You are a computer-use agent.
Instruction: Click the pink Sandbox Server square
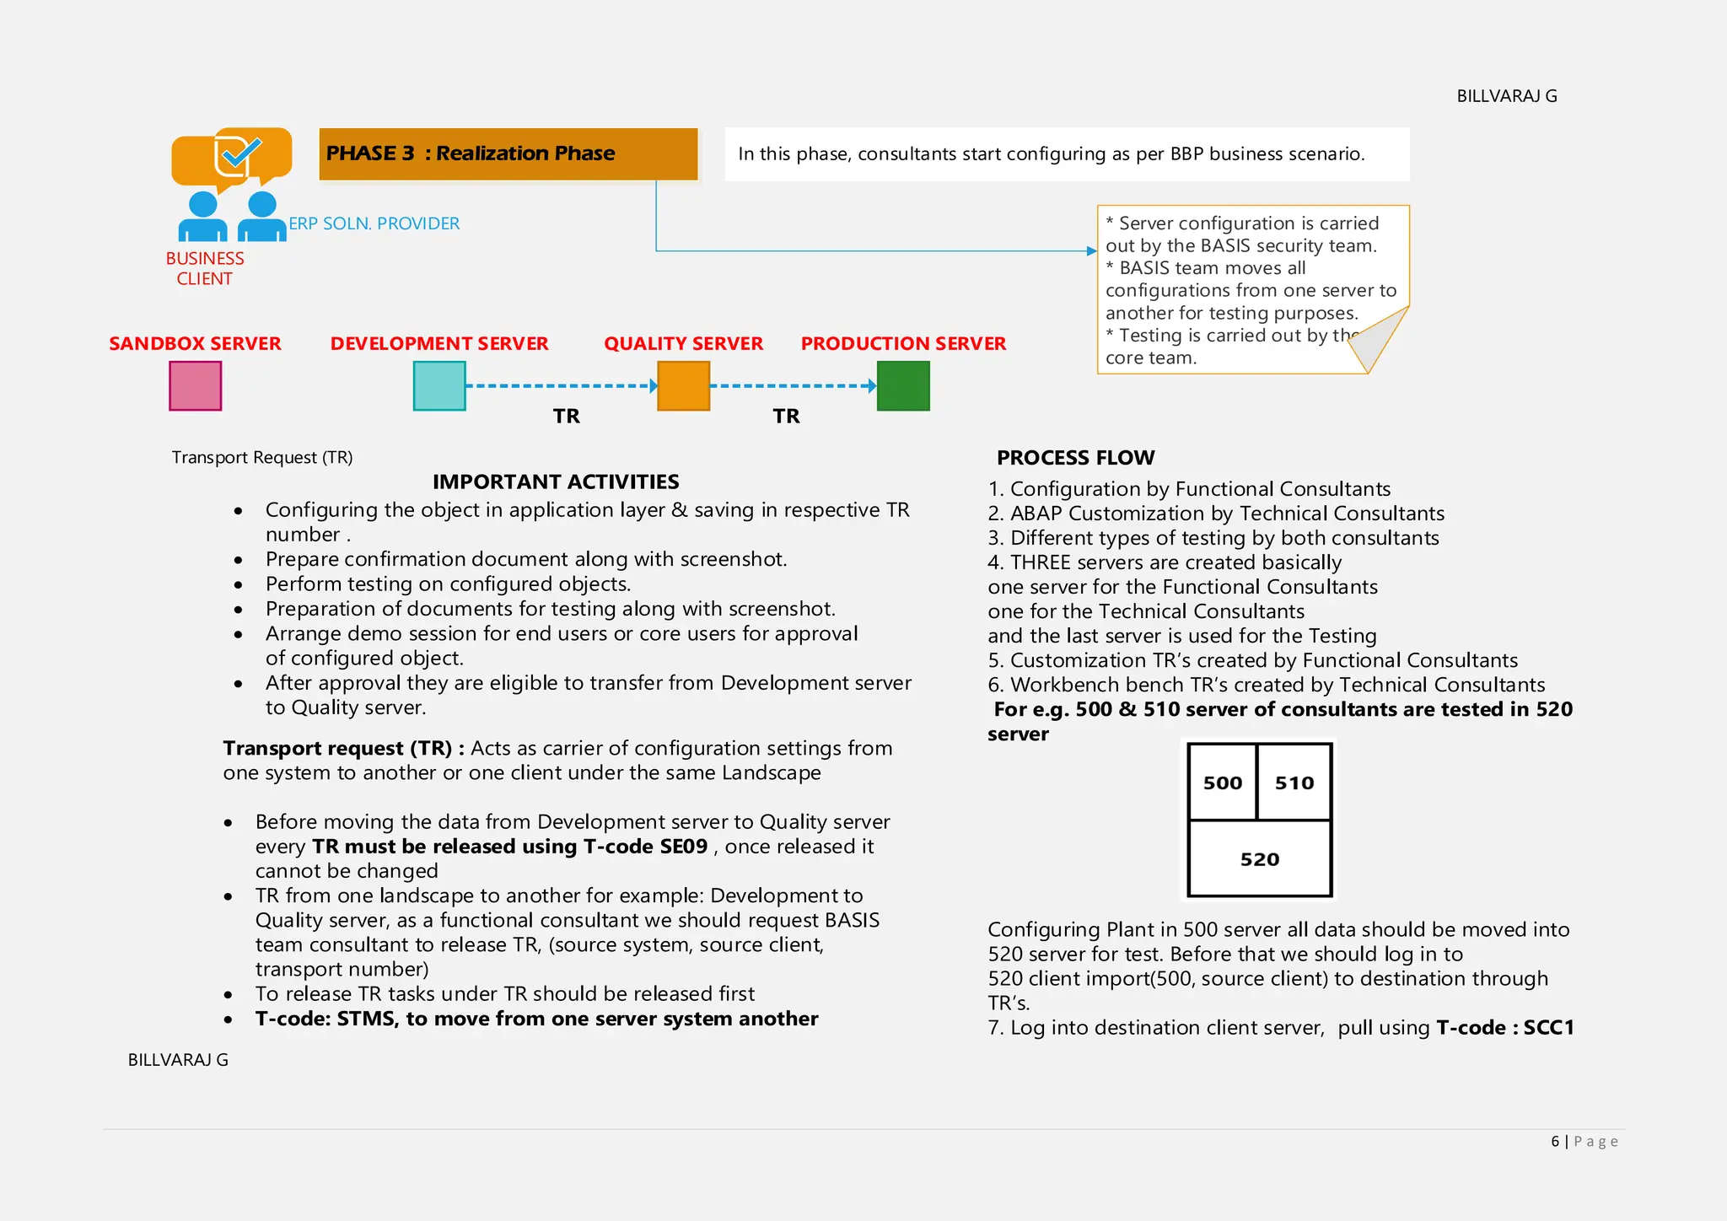[x=195, y=386]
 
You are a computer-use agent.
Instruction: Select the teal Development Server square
[x=439, y=386]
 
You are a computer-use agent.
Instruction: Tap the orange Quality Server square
[x=683, y=386]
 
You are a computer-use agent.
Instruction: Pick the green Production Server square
[x=903, y=386]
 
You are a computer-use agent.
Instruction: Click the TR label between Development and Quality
[x=567, y=416]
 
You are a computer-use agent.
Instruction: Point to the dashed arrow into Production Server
[x=793, y=386]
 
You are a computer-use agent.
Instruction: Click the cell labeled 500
[x=1223, y=783]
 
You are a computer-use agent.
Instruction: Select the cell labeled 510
[x=1294, y=783]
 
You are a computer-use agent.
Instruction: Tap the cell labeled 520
[x=1260, y=859]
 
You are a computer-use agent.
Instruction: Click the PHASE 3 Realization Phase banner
[x=508, y=153]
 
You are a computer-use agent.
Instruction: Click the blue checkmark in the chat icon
[x=241, y=153]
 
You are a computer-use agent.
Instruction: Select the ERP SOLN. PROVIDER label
[x=374, y=223]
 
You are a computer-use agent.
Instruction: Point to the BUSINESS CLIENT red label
[x=205, y=268]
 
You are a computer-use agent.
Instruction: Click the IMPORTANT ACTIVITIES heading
[x=556, y=481]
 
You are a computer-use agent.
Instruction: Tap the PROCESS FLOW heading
[x=1076, y=458]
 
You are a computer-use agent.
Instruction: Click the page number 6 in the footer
[x=1555, y=1142]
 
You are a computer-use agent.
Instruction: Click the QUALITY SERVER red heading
[x=683, y=344]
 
